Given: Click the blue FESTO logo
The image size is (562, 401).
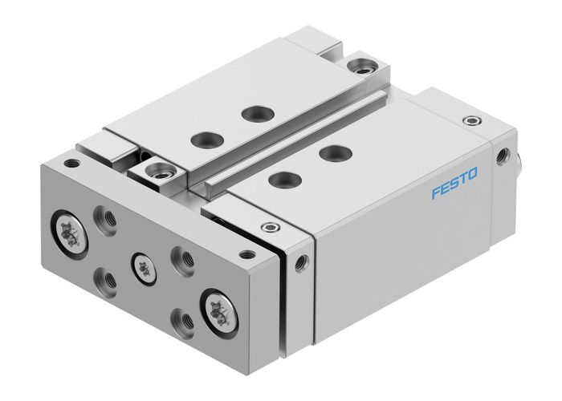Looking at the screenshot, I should [454, 171].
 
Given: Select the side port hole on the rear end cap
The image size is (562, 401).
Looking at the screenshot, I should [505, 155].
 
